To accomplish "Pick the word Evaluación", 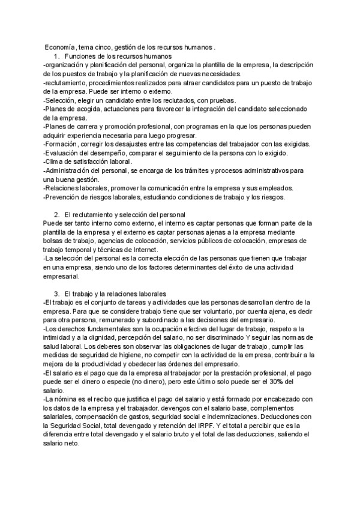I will pos(65,153).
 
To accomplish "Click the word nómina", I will pos(64,400).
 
